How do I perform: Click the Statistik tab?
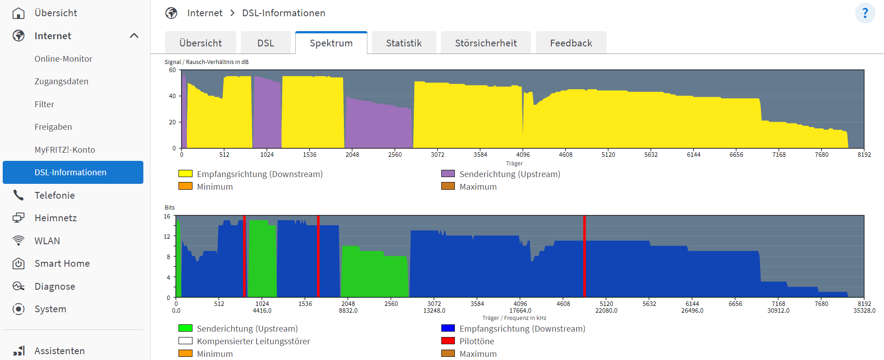404,43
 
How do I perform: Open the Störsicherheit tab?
486,43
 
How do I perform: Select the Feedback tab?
571,43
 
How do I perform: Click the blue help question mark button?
865,13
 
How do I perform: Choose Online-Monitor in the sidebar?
64,59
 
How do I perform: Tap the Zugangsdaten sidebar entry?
61,81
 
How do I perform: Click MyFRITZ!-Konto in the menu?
65,150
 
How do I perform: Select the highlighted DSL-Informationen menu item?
73,172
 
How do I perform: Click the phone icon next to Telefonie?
18,195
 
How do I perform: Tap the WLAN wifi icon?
18,241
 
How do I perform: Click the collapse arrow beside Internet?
134,36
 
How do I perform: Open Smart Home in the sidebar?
62,264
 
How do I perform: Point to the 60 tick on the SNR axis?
172,70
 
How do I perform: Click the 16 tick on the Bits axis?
167,216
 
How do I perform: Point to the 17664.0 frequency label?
520,310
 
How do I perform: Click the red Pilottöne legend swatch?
448,341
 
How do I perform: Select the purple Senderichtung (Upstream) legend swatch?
448,173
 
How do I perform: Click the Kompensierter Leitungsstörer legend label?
253,341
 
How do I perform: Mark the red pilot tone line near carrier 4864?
584,256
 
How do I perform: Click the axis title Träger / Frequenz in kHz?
514,318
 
